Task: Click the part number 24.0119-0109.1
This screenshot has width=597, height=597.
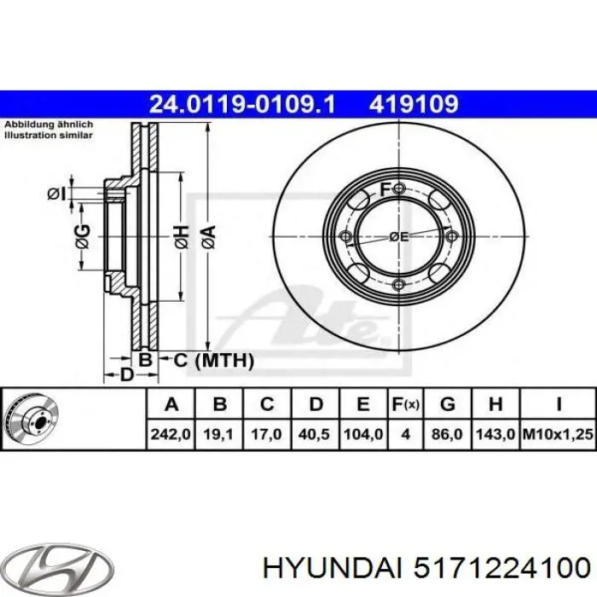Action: click(x=243, y=105)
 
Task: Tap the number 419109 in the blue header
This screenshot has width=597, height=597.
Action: click(x=414, y=105)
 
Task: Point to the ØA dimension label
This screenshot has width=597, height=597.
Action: click(x=208, y=233)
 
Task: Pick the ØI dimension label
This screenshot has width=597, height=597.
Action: click(x=55, y=194)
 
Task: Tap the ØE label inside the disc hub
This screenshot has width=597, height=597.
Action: click(x=398, y=237)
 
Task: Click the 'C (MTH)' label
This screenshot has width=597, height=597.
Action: click(x=208, y=360)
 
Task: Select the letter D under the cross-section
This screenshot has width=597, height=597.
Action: click(x=125, y=374)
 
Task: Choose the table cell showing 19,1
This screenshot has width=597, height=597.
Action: click(x=219, y=434)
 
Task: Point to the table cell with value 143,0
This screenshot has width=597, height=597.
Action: click(x=496, y=434)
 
